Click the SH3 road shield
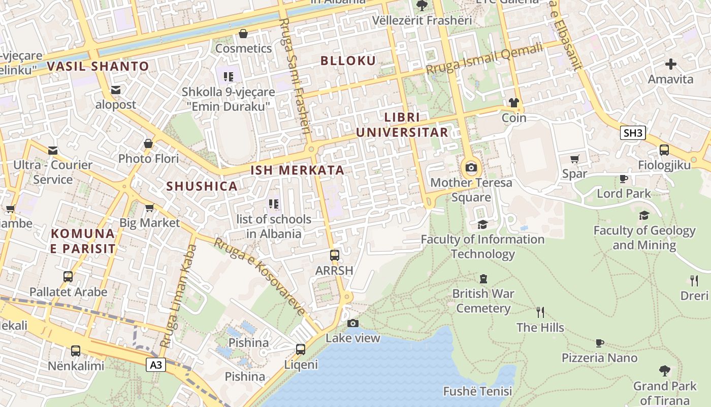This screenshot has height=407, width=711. pos(633,133)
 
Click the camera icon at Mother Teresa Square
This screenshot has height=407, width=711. pos(471,167)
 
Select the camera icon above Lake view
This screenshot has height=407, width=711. pos(353,323)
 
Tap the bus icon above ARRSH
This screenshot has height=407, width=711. pos(334,255)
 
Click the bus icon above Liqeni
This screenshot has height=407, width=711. pos(301,350)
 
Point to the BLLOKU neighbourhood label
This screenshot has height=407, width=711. pos(348,61)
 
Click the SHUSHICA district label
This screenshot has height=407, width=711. pos(202,186)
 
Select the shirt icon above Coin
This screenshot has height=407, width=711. pos(514,103)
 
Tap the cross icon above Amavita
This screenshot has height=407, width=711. pos(671,64)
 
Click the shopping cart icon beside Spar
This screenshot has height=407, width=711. pos(574,159)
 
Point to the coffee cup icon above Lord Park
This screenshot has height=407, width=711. pos(624,179)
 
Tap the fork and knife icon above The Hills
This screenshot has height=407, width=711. pos(540,312)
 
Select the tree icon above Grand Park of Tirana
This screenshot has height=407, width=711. pos(664,371)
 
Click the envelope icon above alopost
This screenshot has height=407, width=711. pos(116,90)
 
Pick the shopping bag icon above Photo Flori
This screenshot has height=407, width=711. pos(148,144)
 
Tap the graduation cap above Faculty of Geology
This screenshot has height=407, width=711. pos(644,215)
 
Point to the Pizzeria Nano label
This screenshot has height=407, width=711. pos(599,358)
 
